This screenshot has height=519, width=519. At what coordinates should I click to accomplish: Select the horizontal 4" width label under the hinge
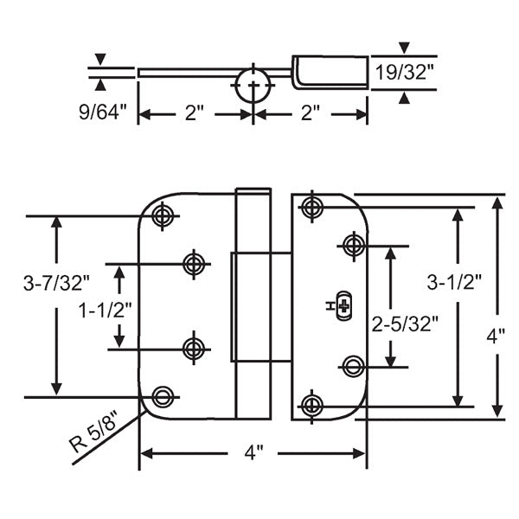coord(253,452)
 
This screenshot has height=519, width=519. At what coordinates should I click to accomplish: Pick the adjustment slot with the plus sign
coord(344,306)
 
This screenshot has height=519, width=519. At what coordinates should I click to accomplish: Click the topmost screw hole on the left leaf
coord(162,215)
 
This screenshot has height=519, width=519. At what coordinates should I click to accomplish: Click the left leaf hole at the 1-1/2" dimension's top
coord(193,263)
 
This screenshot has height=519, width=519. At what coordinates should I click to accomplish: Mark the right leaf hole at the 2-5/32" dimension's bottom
coord(351,366)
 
